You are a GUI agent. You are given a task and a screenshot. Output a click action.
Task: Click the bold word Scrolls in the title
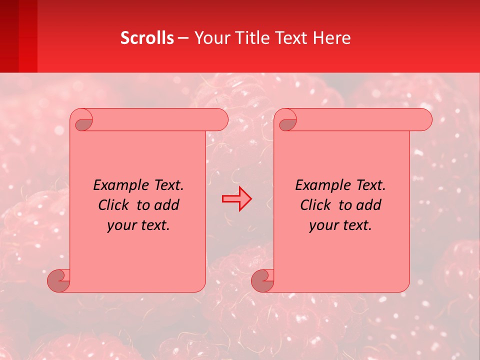coord(147,38)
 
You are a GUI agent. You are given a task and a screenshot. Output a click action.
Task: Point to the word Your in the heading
coord(210,38)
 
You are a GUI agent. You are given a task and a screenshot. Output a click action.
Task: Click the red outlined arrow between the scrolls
coord(236,199)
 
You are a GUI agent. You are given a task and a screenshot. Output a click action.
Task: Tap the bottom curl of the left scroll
coord(59,280)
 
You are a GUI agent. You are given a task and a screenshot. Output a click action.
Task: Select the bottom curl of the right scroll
coord(263,280)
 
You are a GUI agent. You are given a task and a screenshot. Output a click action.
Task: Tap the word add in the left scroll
coord(167,205)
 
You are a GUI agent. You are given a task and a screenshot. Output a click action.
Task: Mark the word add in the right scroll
coord(369,205)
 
